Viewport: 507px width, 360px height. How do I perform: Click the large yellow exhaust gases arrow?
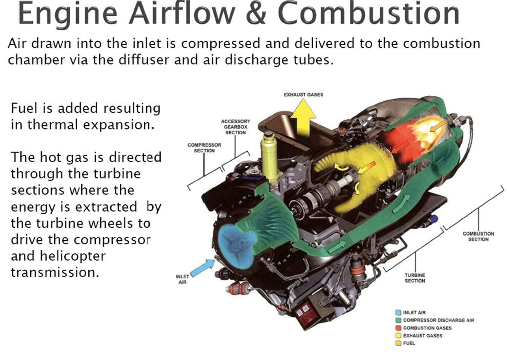(303, 118)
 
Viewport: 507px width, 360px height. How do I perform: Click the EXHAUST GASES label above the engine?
(303, 95)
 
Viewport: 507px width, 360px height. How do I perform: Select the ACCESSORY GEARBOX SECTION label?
(236, 127)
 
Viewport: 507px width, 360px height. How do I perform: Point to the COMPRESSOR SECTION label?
(204, 148)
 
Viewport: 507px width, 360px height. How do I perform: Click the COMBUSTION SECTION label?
(478, 236)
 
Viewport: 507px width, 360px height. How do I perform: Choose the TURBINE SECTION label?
(415, 278)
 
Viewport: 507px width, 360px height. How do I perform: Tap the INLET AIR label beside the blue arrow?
(182, 280)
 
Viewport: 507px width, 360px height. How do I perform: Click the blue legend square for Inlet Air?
(398, 313)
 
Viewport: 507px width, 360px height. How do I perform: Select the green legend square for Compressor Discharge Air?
(398, 320)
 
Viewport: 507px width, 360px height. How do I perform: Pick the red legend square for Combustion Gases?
(398, 328)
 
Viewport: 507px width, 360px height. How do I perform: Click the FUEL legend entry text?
(409, 343)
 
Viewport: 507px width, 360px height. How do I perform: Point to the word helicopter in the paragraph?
(58, 256)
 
